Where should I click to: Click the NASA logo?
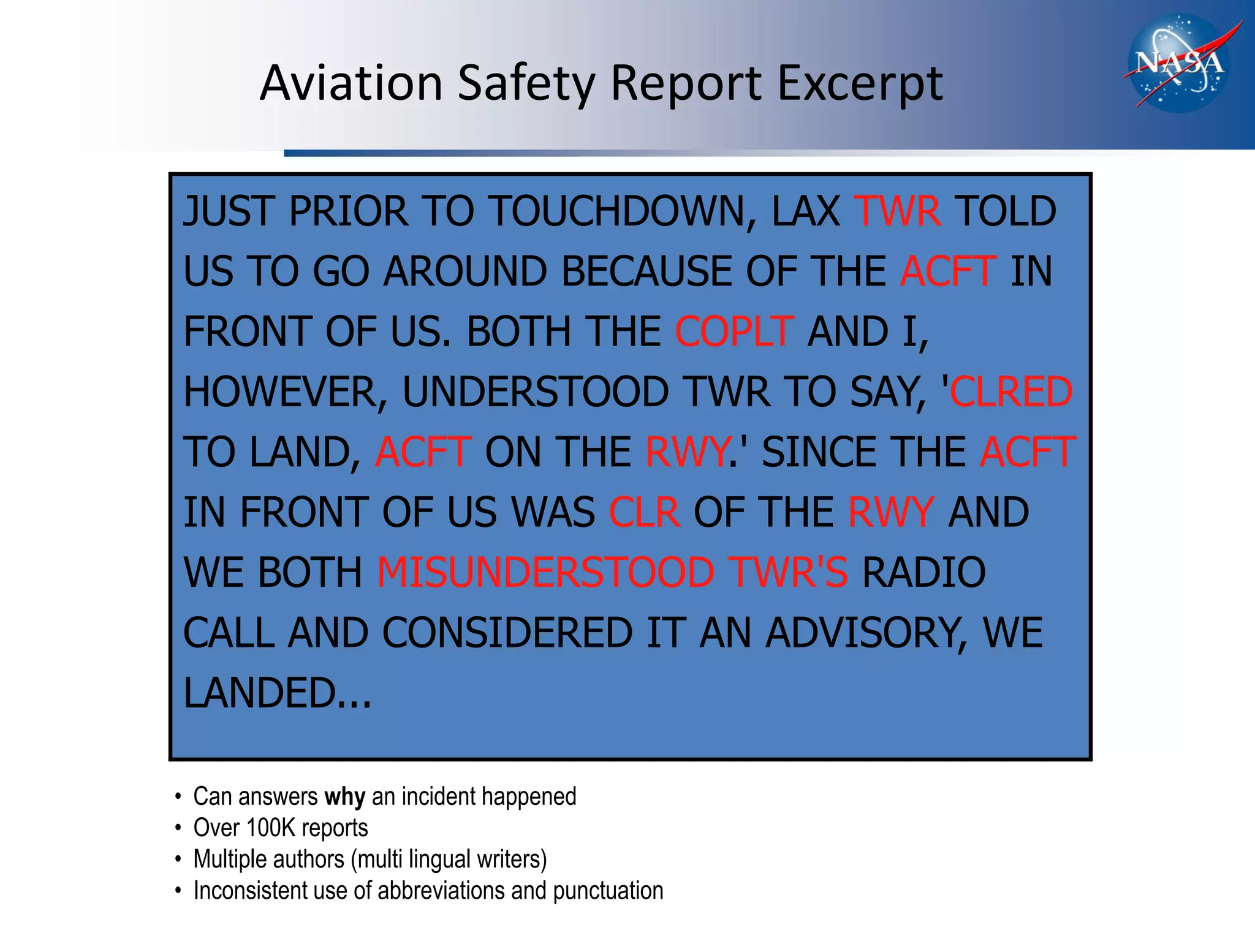pos(1178,64)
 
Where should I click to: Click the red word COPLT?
pos(734,332)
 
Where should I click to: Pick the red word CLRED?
pos(1011,392)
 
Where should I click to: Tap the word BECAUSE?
pos(646,272)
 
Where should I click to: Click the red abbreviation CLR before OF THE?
pos(644,513)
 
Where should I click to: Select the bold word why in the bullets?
pos(344,797)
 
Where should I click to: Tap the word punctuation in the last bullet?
pos(608,891)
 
